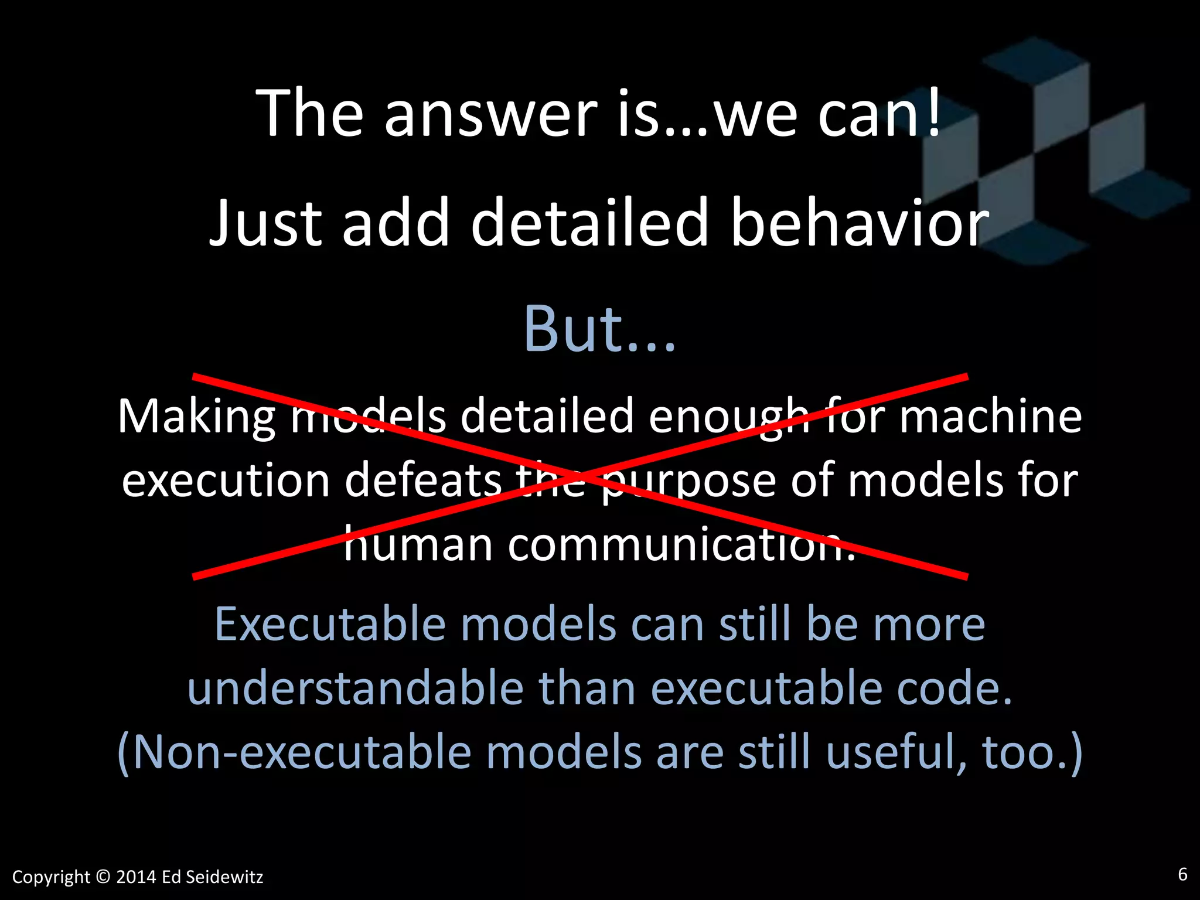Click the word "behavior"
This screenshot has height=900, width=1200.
point(860,223)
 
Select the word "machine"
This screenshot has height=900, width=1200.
point(990,416)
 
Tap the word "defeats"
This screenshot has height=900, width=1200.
point(423,480)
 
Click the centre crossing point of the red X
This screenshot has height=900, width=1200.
point(580,476)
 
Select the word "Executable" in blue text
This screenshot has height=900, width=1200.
point(330,625)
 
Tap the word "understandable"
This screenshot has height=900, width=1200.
point(355,688)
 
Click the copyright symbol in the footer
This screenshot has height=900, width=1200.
point(103,877)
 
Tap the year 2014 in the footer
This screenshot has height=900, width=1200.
point(136,877)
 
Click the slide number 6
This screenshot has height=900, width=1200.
point(1182,875)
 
